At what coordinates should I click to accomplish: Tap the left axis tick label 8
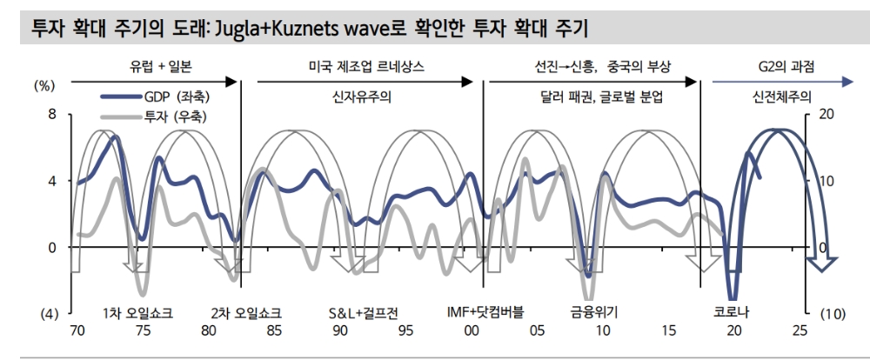tap(51, 114)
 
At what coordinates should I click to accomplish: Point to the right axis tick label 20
tap(826, 114)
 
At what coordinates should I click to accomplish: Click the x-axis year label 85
tap(274, 330)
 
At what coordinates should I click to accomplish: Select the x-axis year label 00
tap(472, 330)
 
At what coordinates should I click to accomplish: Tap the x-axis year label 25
tap(800, 330)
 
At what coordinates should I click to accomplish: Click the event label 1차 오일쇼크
tap(137, 313)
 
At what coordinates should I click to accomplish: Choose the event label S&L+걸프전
tap(365, 313)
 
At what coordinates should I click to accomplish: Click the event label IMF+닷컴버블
tap(485, 313)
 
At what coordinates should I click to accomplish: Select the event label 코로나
tap(731, 313)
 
